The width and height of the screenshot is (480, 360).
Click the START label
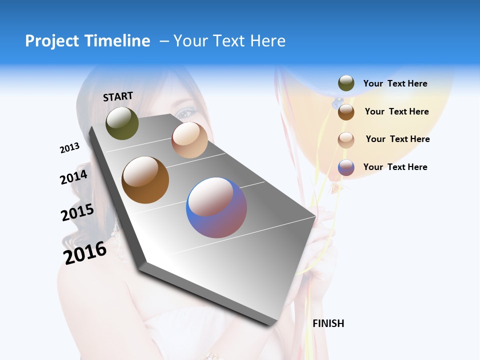click(118, 96)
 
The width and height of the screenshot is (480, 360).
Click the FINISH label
click(328, 323)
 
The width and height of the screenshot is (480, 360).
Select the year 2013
click(69, 147)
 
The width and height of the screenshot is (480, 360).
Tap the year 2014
click(73, 177)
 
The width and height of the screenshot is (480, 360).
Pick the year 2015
click(77, 212)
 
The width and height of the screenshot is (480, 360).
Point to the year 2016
click(85, 252)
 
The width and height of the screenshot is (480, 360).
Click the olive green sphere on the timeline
click(122, 123)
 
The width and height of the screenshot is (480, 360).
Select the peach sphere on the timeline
click(189, 139)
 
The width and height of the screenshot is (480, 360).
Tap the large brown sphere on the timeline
click(145, 180)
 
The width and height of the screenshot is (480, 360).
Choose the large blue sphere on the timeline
click(216, 207)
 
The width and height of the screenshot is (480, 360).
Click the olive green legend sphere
click(346, 83)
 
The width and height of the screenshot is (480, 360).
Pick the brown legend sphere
click(346, 111)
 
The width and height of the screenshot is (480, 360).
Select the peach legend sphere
click(346, 139)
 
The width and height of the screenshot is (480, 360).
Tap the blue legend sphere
click(346, 167)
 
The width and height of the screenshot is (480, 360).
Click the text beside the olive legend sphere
click(395, 83)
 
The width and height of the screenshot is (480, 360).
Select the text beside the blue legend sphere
click(395, 167)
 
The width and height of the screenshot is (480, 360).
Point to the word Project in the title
click(52, 41)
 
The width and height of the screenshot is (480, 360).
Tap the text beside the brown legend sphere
click(396, 111)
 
